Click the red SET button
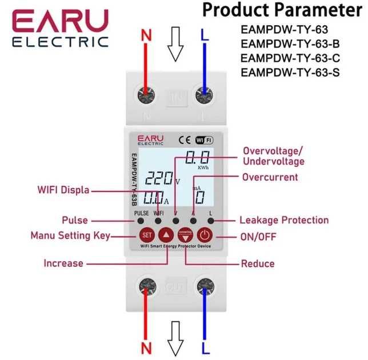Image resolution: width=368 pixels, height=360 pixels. click(146, 235)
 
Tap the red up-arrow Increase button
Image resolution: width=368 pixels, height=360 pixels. click(166, 235)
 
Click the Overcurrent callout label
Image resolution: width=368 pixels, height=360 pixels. click(270, 177)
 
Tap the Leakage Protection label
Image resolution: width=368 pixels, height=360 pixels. click(284, 220)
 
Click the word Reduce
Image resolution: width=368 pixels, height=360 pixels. click(258, 263)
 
